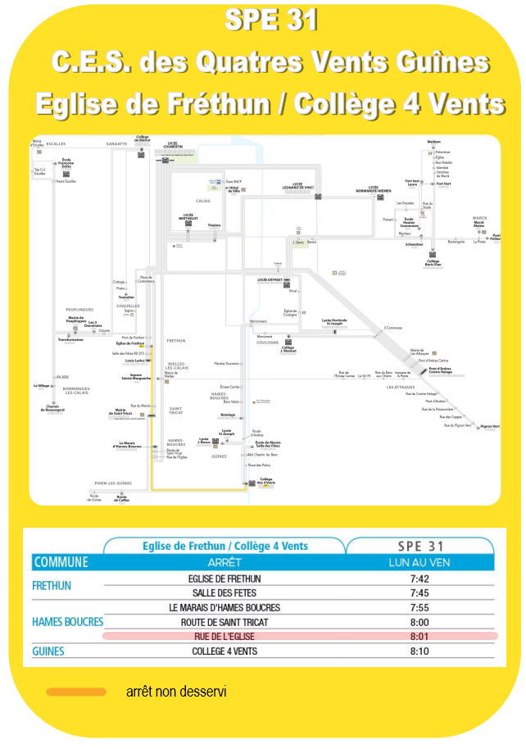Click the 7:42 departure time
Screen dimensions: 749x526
point(419,579)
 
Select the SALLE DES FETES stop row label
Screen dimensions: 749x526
point(224,593)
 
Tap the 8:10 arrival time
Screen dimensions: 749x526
point(419,651)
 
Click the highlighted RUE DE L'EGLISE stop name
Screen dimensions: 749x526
point(224,637)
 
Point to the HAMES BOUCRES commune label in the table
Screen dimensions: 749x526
point(68,622)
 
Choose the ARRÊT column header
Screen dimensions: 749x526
point(224,563)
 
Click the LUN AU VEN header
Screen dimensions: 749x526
point(419,563)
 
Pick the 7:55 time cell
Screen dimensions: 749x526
point(419,608)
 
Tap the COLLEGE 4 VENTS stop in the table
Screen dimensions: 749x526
point(224,651)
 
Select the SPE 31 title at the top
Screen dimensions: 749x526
point(270,21)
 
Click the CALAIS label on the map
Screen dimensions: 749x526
point(203,201)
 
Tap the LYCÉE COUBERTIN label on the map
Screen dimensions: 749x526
point(173,145)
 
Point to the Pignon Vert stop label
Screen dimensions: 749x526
point(490,426)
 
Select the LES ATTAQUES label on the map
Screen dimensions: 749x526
point(401,387)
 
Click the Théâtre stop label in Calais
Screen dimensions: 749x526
point(215,225)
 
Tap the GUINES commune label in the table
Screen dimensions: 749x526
point(48,651)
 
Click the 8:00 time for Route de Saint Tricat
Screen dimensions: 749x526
point(419,623)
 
